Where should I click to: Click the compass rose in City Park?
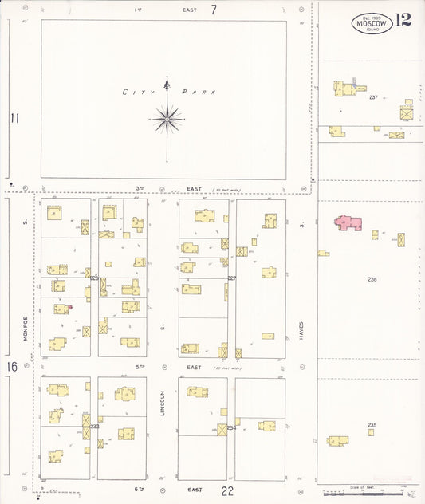click(167, 119)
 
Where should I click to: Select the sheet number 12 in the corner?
click(403, 20)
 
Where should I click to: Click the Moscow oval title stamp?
click(372, 24)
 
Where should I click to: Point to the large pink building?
click(348, 222)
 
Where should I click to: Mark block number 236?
click(372, 279)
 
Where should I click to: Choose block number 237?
click(373, 97)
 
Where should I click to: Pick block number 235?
click(372, 425)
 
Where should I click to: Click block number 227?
click(232, 278)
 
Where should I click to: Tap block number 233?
click(95, 427)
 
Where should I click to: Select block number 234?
click(231, 427)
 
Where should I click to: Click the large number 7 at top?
click(214, 10)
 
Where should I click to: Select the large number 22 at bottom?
click(228, 490)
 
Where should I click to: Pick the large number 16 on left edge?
click(12, 367)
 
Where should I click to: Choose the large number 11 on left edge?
click(14, 119)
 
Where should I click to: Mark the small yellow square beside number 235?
click(371, 433)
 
